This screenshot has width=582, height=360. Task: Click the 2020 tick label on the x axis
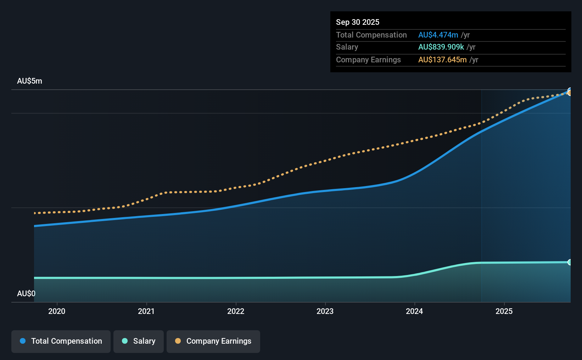(x=57, y=311)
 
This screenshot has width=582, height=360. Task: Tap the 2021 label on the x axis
(x=146, y=311)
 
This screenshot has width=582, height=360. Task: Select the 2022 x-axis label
(x=236, y=311)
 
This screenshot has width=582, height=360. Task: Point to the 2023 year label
(x=325, y=311)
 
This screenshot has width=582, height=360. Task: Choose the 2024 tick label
(x=414, y=311)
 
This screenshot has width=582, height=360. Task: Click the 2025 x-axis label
(x=504, y=311)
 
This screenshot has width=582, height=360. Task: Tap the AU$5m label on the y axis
(x=30, y=81)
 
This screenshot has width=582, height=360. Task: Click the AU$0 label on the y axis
(x=26, y=293)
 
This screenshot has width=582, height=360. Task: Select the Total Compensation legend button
(x=61, y=341)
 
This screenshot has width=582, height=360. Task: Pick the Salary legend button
(x=139, y=341)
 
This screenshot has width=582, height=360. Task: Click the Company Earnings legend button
(x=213, y=341)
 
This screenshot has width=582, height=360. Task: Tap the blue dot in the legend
(x=23, y=341)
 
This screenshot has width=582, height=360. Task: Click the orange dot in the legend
(x=178, y=341)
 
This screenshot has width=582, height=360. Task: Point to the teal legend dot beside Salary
(x=125, y=341)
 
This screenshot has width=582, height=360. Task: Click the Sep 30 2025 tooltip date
(x=358, y=22)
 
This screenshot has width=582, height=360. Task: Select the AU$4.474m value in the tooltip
(x=438, y=35)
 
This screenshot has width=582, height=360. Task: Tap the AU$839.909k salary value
(x=441, y=47)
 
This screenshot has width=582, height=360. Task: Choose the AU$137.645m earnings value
(x=442, y=60)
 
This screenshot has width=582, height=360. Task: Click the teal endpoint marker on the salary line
(x=569, y=262)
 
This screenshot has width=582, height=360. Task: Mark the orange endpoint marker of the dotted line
(x=569, y=93)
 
